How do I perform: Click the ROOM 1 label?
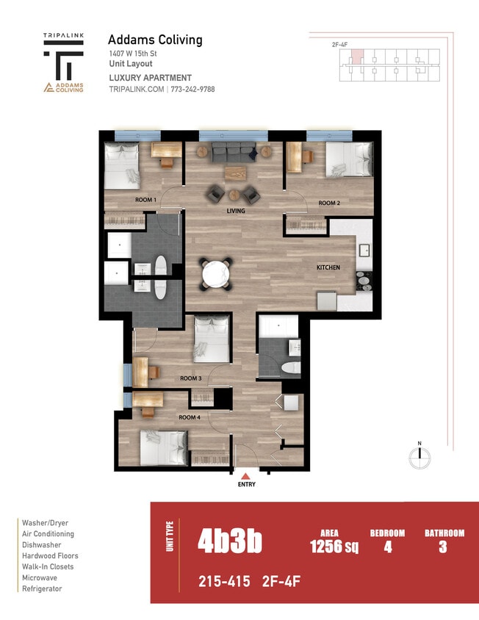145,200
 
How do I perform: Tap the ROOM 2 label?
328,203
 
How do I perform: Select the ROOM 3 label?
190,378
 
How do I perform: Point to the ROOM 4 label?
190,417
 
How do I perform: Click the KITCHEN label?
328,267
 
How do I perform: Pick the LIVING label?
235,211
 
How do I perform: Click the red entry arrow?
245,477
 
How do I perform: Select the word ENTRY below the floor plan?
245,486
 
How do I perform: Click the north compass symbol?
419,456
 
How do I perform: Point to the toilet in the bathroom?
292,368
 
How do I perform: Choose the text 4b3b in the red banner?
229,542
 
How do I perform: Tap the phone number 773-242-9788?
192,89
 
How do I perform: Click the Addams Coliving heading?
155,40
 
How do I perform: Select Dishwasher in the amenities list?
42,545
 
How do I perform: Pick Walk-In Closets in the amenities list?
48,566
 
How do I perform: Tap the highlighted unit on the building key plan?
356,57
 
